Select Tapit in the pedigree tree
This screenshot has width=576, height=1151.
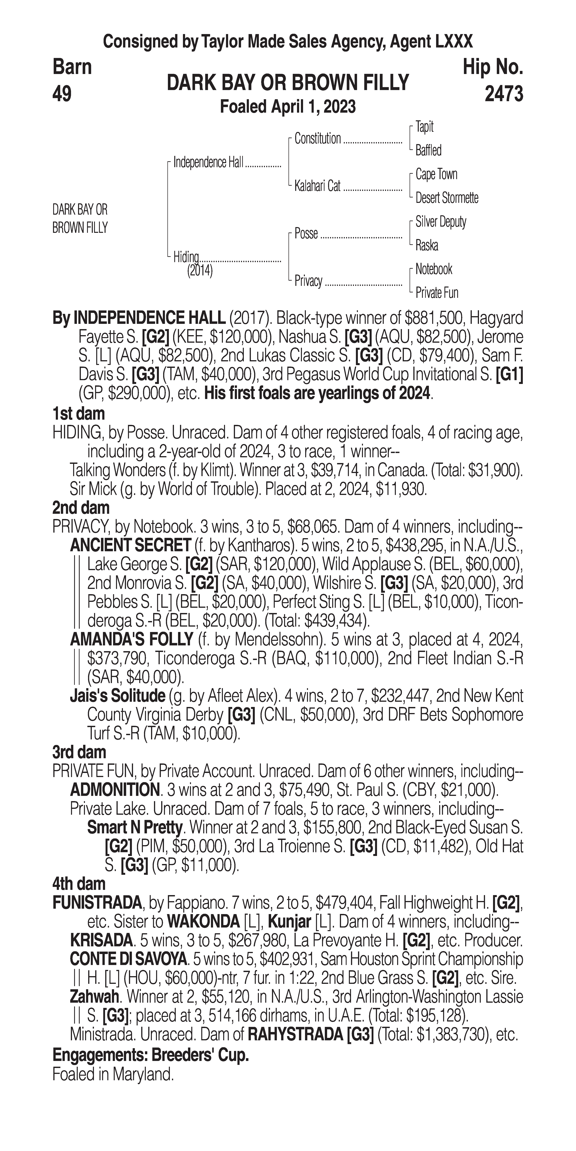coord(424,127)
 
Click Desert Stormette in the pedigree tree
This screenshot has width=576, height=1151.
coord(447,197)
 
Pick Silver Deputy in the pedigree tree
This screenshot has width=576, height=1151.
coord(441,222)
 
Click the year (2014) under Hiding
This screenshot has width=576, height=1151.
coord(200,271)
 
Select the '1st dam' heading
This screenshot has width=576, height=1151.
coord(79,413)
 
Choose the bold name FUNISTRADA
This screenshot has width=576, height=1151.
coord(97,903)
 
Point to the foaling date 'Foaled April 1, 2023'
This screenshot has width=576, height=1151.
coord(288,107)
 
